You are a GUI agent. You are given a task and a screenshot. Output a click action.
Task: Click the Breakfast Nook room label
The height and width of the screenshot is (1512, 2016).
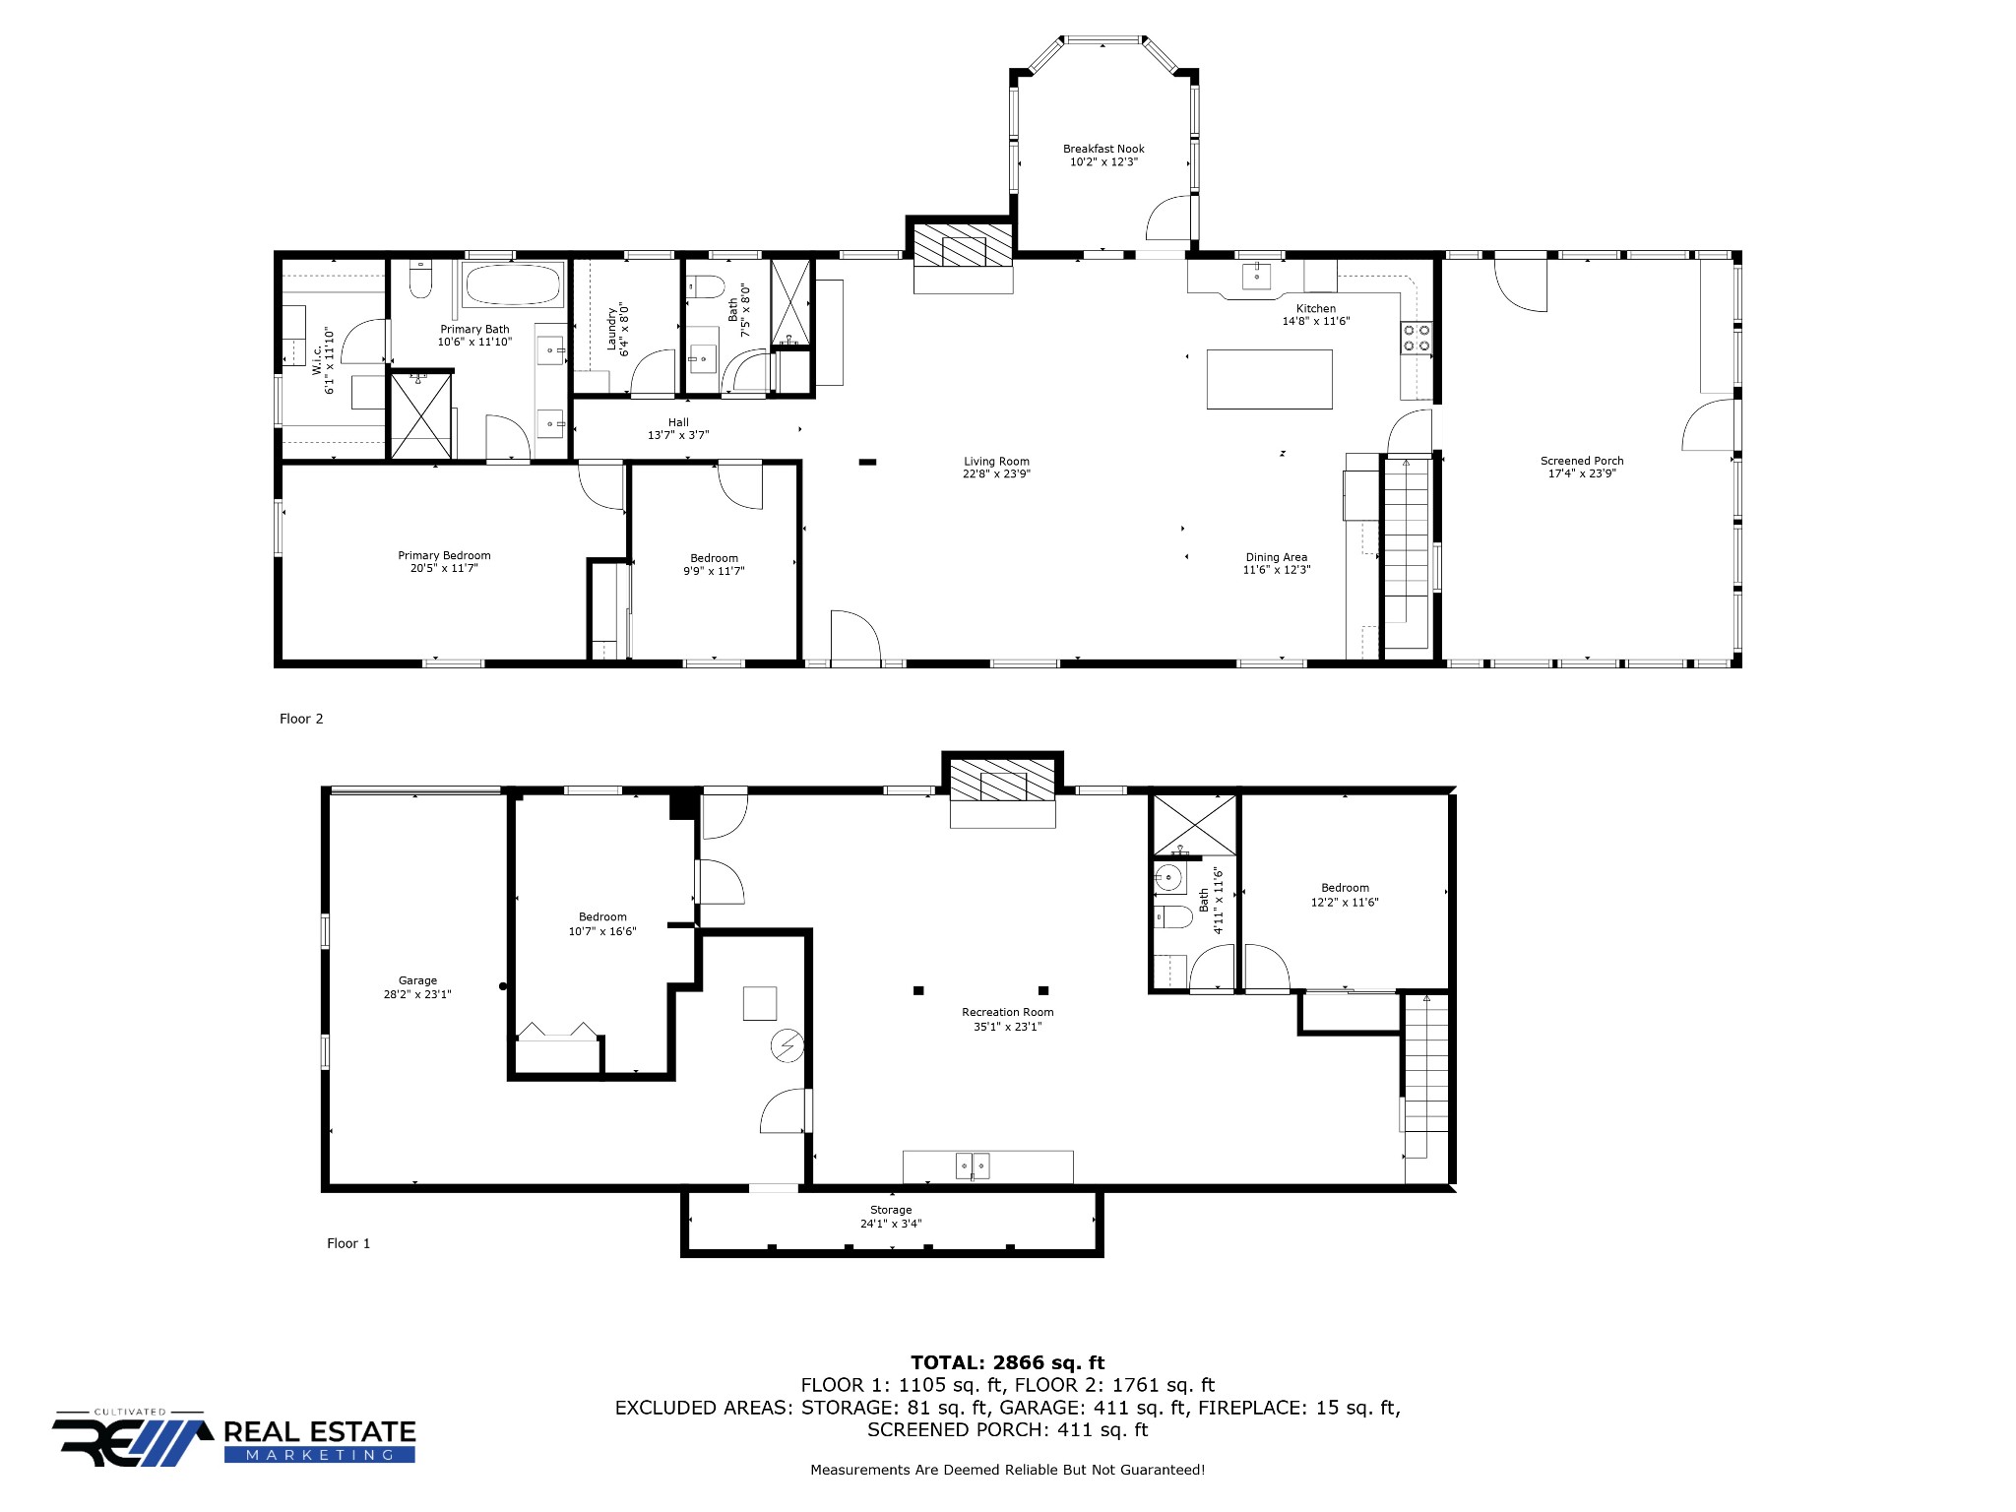click(x=1103, y=150)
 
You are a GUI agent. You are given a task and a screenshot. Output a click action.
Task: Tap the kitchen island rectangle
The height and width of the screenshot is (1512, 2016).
click(x=1270, y=379)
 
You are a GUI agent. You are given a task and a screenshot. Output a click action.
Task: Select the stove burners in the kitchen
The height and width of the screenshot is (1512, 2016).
click(x=1417, y=338)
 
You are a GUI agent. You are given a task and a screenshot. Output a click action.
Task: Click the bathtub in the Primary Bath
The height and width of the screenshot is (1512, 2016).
click(x=512, y=284)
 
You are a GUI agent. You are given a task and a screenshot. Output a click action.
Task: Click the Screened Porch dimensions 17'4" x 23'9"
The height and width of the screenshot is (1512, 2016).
click(x=1582, y=473)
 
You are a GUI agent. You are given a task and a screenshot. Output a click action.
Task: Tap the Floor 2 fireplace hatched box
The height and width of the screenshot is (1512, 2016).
click(x=963, y=245)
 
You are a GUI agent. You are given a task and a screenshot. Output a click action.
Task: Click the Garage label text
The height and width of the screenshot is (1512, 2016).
click(x=417, y=980)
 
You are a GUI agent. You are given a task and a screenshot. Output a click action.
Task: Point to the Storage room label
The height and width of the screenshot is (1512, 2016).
click(x=891, y=1210)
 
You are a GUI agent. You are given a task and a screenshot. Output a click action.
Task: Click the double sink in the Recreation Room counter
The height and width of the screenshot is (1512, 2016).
click(x=973, y=1166)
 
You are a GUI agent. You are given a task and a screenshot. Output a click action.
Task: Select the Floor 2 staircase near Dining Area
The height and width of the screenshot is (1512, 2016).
click(x=1407, y=551)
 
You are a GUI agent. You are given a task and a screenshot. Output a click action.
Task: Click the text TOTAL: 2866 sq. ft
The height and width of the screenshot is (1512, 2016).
click(x=1007, y=1363)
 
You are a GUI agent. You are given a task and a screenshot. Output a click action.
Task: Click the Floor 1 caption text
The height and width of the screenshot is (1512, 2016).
click(x=348, y=1243)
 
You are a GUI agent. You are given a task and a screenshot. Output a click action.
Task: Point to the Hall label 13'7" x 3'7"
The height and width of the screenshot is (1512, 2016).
click(x=678, y=429)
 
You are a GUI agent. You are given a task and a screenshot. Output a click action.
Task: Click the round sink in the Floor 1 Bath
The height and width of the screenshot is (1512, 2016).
click(x=1169, y=876)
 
